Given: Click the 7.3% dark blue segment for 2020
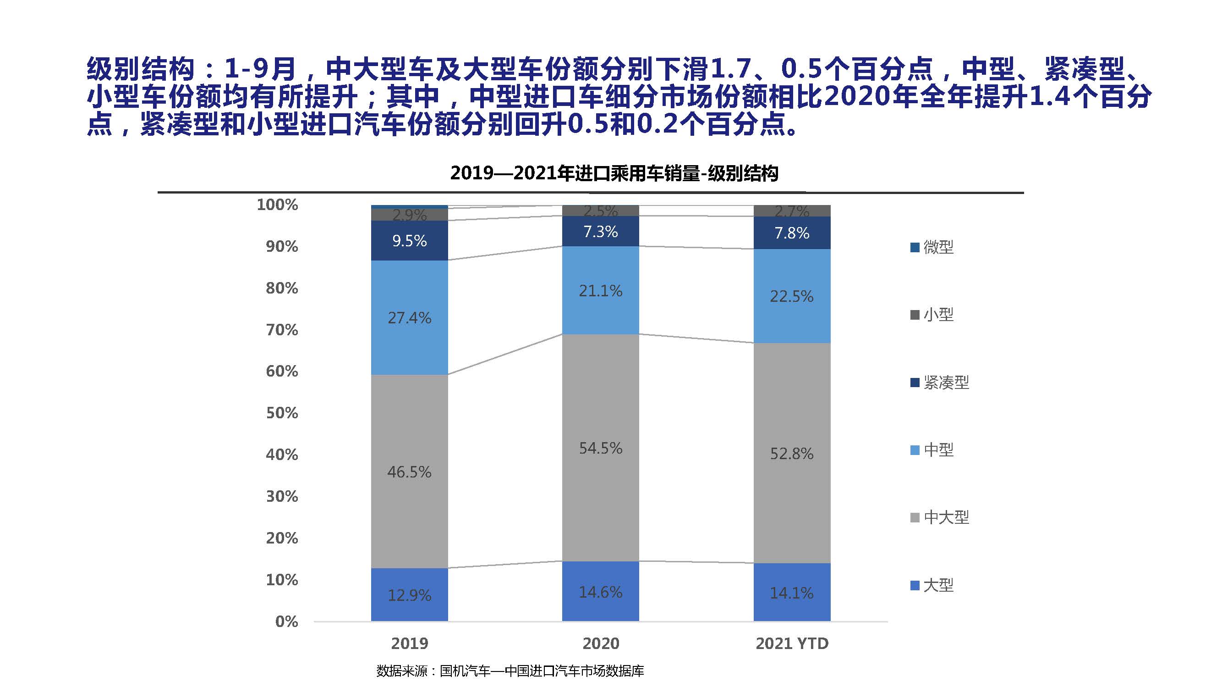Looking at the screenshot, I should coord(601,231).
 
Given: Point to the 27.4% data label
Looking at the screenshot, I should coord(409,318).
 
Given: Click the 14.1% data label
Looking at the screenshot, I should coord(792,593).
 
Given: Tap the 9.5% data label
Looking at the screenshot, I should coord(409,241).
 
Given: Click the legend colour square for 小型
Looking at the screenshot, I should coord(915,315).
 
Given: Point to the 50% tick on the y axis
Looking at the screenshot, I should coord(282,413).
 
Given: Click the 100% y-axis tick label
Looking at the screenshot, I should coord(277,205).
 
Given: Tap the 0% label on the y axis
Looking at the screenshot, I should coord(286,621).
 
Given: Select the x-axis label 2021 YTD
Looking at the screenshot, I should coord(792,644).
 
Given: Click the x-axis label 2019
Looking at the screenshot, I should coord(409,644).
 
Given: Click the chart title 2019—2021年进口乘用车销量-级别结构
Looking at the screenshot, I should coord(614,173).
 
